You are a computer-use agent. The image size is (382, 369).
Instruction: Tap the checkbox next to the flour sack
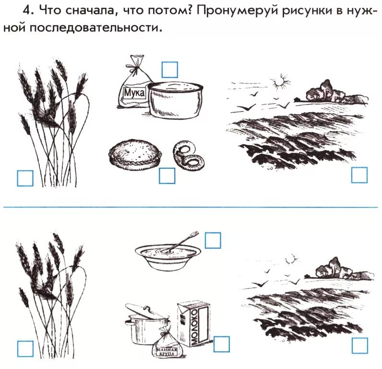point(169,70)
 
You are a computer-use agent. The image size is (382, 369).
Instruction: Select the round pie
point(135,155)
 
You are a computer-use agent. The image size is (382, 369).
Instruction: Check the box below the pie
point(167,175)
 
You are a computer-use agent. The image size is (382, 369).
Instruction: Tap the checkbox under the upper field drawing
point(359,175)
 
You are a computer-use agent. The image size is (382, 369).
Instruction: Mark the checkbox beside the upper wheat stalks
point(25,178)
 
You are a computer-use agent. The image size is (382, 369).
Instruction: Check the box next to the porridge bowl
point(213,240)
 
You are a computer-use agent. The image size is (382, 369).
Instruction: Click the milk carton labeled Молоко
point(194,324)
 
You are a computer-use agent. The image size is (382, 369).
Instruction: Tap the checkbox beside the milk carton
point(221,344)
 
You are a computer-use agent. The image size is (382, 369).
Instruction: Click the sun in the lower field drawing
point(291,260)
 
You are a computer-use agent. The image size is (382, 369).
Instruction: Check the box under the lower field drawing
point(360,345)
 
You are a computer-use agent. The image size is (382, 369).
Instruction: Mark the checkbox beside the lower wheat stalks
point(25,349)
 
